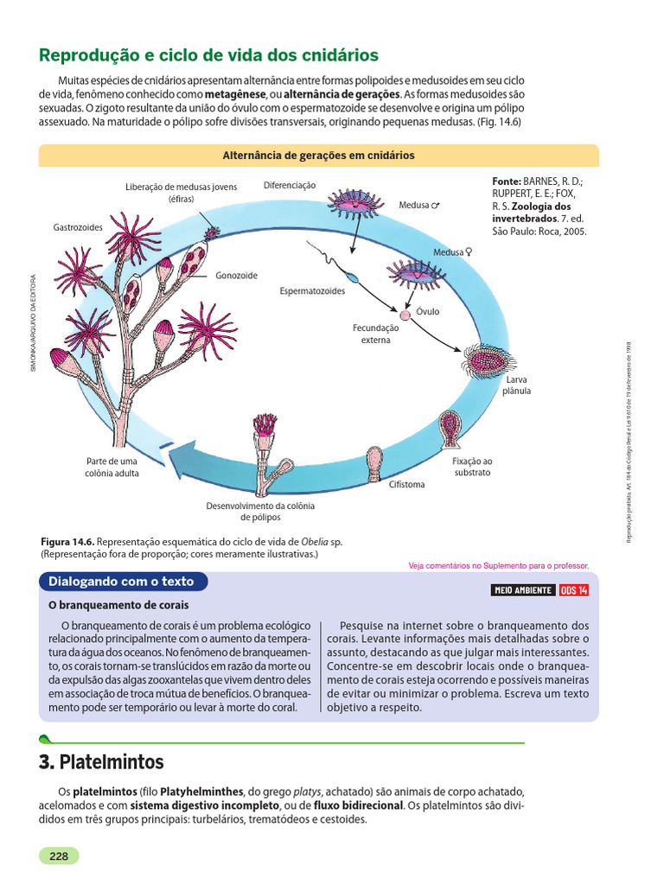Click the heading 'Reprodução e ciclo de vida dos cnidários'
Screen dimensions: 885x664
(208, 55)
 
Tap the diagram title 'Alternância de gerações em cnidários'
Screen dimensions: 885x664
(319, 156)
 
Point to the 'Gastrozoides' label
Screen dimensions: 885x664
(78, 226)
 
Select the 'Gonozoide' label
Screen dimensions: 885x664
(236, 276)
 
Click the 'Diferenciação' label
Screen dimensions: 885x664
(290, 185)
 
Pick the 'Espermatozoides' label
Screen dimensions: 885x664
(312, 291)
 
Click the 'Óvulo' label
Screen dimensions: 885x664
(428, 311)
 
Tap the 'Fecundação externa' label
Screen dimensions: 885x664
(376, 334)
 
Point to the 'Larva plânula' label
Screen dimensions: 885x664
(517, 385)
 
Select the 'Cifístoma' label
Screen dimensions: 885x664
(407, 484)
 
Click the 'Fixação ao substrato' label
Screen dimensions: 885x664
(471, 467)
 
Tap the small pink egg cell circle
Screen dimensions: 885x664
(403, 307)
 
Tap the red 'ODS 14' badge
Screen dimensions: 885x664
(574, 590)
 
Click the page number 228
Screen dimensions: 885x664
(59, 856)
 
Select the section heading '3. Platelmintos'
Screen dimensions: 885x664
(101, 762)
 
